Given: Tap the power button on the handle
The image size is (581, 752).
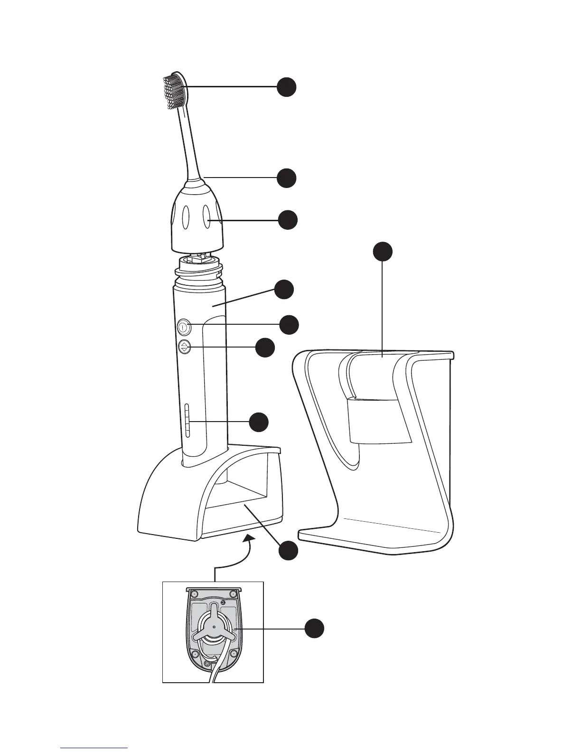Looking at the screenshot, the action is (184, 327).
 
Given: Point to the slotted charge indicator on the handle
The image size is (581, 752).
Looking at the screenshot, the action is (187, 420).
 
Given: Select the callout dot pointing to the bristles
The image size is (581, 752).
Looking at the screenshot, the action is (287, 87).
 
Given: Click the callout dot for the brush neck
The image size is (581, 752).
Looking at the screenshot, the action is (287, 178).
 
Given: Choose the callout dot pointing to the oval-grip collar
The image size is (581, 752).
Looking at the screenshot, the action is (288, 220).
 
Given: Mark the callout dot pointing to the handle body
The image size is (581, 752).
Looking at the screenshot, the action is (284, 290).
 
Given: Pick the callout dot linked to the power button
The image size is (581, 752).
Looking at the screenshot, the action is (289, 325).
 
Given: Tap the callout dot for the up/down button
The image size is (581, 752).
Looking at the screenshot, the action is (265, 348).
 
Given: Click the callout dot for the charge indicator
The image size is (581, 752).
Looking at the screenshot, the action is (259, 422).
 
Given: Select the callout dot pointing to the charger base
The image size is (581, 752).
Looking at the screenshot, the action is (288, 551).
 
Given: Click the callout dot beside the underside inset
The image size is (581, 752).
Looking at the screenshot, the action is (314, 629).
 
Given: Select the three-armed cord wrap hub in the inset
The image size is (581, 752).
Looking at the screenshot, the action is (213, 627).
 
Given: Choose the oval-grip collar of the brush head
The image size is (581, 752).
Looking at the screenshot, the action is (197, 218).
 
